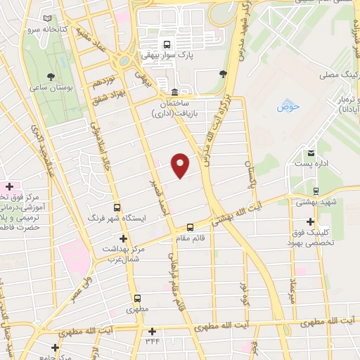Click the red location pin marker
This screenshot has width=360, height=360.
pos(181,165)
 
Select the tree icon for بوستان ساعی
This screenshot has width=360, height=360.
pos(50,76)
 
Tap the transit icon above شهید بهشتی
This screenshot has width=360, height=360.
pos(316,190)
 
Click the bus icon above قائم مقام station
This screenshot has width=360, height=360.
pos(191,226)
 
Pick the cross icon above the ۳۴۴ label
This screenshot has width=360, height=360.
pos(153,331)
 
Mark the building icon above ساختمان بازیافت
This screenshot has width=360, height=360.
pos(174,91)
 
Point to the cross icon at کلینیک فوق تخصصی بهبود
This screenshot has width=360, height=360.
pos(310,222)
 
